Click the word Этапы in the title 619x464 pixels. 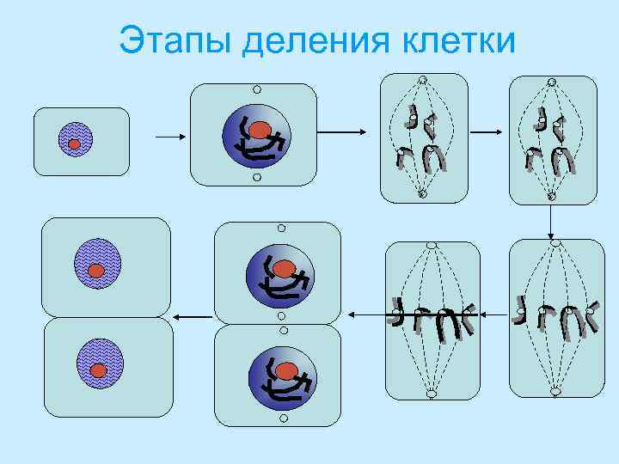coord(176,40)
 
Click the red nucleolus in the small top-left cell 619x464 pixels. coord(75,144)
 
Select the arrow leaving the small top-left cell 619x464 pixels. coord(168,136)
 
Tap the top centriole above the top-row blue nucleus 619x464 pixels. coord(256,89)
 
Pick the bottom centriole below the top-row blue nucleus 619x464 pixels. coord(256,178)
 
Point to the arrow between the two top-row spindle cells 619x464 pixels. coord(487,132)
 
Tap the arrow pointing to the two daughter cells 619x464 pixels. coord(192,317)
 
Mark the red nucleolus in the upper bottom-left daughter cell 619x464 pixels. coord(96,271)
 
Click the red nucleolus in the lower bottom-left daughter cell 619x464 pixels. coord(99,370)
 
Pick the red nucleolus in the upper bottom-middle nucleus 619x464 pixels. coord(284,269)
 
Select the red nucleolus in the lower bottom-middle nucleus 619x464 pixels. coord(286,370)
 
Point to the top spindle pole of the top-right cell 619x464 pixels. coord(552,83)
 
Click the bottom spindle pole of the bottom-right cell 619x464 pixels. coord(555,393)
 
